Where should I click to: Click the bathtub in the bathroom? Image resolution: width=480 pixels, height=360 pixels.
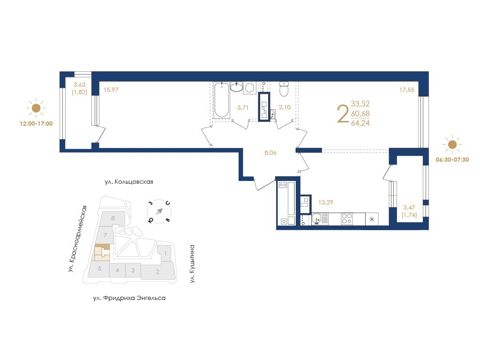(221, 100)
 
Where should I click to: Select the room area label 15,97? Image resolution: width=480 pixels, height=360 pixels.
(111, 90)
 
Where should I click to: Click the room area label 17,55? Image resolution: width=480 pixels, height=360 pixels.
(406, 90)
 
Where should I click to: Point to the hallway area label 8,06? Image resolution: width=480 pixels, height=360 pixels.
(270, 152)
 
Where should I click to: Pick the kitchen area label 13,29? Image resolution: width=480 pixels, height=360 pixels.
(326, 202)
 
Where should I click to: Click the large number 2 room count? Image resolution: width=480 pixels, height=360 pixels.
(343, 113)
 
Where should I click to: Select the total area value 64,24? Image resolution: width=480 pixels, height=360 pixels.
(360, 123)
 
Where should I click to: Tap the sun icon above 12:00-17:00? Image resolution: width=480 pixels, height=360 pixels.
(36, 108)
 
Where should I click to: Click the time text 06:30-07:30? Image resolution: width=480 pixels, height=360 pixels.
(452, 159)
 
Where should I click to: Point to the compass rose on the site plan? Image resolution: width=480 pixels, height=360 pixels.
(159, 211)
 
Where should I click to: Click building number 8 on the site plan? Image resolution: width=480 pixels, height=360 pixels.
(113, 218)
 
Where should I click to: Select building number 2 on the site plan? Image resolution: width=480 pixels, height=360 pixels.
(157, 271)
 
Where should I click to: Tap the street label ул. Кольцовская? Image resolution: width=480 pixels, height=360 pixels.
(129, 182)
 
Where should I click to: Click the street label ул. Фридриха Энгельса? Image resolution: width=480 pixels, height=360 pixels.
(129, 298)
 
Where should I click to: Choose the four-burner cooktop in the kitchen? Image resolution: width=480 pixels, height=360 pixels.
(347, 219)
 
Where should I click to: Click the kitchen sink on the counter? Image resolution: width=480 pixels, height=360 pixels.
(317, 219)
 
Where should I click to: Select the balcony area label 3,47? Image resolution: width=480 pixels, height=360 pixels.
(409, 208)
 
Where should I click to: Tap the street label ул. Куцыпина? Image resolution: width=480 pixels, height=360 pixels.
(192, 263)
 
